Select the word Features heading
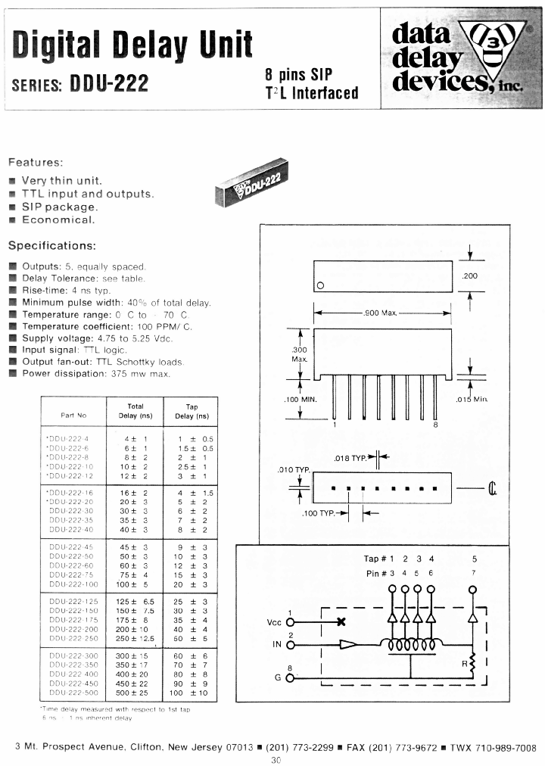click(36, 162)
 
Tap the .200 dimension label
click(470, 276)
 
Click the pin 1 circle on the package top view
click(321, 286)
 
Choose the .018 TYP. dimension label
click(350, 458)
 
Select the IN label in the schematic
click(277, 645)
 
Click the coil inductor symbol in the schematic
click(412, 646)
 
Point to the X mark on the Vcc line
click(341, 622)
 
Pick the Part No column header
click(74, 416)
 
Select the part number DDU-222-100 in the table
click(74, 585)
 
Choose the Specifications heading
click(51, 246)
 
